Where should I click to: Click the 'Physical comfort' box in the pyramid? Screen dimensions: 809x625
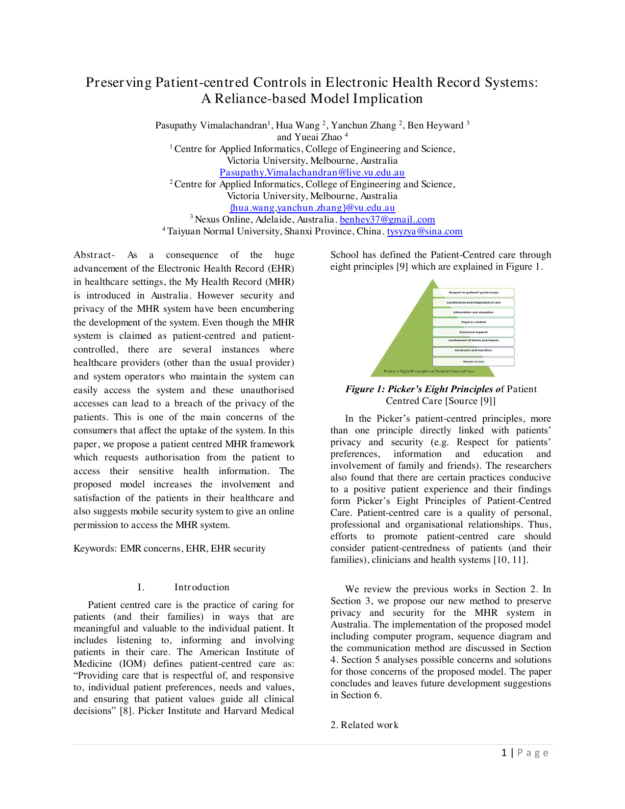coord(473,322)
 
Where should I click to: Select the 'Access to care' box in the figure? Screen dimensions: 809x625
coord(473,361)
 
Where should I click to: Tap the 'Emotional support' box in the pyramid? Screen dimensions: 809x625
coord(473,332)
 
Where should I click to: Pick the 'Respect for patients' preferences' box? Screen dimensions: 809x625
coord(473,292)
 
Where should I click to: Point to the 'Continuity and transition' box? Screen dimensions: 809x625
coord(473,351)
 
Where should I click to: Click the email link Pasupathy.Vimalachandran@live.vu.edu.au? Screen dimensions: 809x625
coord(312,172)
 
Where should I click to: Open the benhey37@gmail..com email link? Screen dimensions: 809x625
coord(387,219)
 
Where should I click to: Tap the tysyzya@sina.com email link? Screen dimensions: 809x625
coord(425,231)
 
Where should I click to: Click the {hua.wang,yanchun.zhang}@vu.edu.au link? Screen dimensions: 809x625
coord(312,207)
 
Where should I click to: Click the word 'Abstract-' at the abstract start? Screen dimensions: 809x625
coord(94,254)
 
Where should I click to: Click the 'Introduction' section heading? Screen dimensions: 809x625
coord(201,587)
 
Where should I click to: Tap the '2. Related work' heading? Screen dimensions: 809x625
coord(364,725)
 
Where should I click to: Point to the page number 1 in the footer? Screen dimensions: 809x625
coord(504,753)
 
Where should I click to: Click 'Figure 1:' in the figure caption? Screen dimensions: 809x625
coord(365,389)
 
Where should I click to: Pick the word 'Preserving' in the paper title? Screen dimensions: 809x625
coord(119,82)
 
